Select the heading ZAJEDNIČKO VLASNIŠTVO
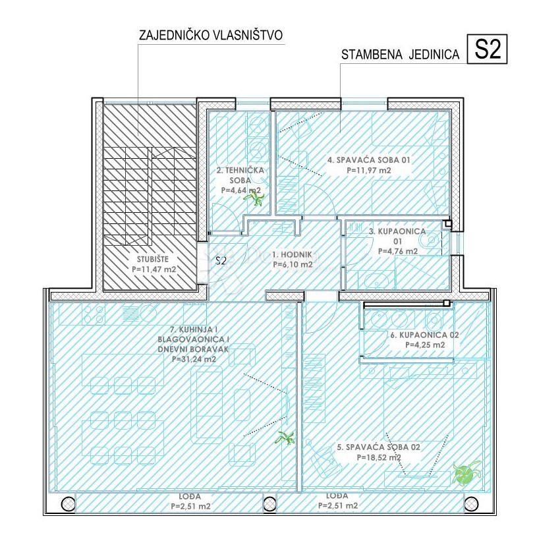211,35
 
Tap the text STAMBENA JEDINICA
400,55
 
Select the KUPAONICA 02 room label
424,335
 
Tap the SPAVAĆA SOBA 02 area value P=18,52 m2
378,457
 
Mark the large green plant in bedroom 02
466,474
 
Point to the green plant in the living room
285,438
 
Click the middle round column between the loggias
269,504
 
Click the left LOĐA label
190,496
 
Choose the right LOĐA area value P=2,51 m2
337,505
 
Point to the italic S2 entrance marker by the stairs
221,261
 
